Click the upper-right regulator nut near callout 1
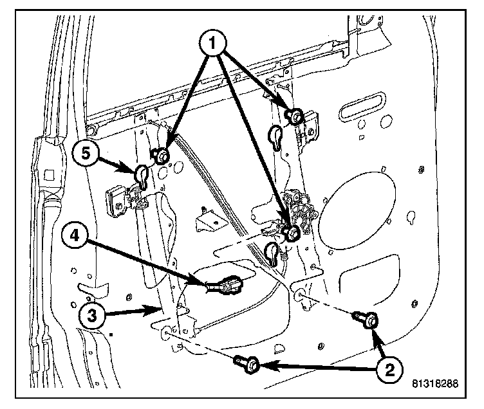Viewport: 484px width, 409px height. pyautogui.click(x=295, y=117)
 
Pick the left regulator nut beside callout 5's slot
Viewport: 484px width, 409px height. pyautogui.click(x=160, y=155)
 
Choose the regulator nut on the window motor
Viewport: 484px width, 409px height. pyautogui.click(x=290, y=232)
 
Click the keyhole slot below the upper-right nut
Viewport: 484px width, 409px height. pyautogui.click(x=277, y=136)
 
